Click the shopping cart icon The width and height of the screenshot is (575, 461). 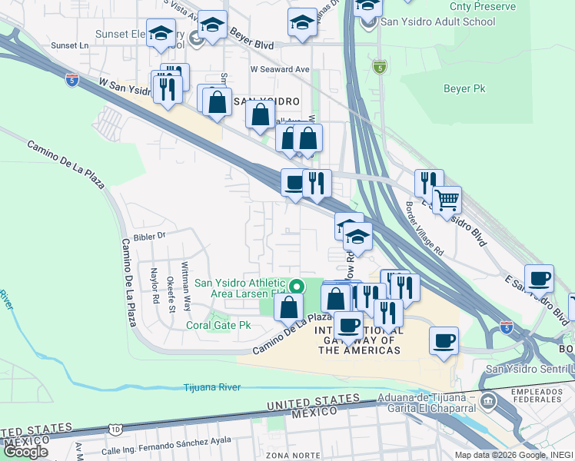click(447, 201)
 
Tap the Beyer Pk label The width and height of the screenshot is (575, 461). click(464, 89)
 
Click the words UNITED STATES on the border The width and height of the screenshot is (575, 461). click(313, 401)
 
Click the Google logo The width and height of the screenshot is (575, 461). click(25, 452)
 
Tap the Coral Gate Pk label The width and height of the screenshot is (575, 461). click(219, 325)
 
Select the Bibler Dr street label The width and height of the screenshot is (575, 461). click(149, 237)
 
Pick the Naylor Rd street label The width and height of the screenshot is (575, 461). click(155, 287)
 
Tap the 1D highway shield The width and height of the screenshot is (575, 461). click(115, 427)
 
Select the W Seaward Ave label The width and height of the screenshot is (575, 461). click(279, 70)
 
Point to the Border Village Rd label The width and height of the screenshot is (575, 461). click(424, 228)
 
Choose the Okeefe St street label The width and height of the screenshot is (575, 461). click(171, 294)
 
